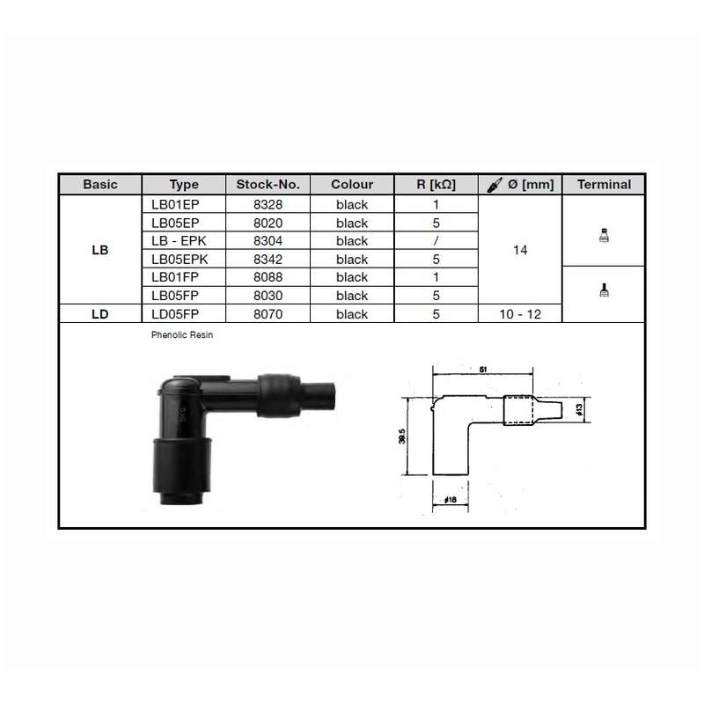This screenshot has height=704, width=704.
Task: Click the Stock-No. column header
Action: pos(268,185)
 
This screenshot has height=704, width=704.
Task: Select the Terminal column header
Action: pos(604,185)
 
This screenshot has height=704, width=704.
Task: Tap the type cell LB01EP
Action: pos(175,205)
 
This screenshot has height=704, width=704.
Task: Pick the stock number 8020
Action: pos(268,224)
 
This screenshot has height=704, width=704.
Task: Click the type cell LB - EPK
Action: pos(179,241)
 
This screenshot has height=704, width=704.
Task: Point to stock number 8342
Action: pos(268,260)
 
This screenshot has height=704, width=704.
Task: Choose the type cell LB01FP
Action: pos(175,277)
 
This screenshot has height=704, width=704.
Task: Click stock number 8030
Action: pos(268,296)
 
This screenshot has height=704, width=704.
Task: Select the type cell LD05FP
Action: pos(175,314)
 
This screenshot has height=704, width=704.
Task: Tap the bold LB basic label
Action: pos(100,250)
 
